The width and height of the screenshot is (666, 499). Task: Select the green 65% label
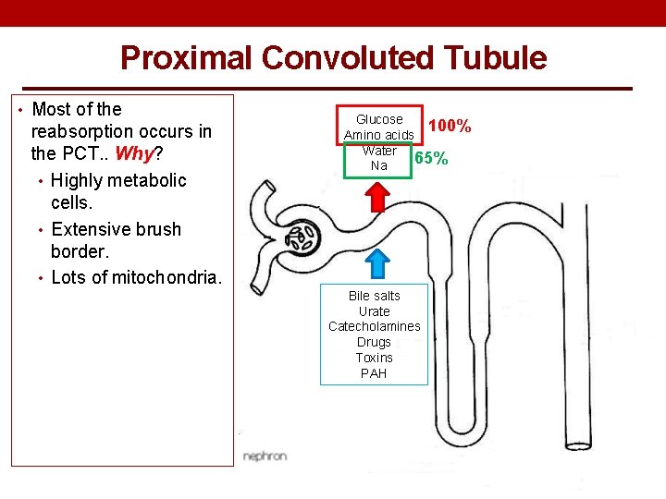(x=431, y=158)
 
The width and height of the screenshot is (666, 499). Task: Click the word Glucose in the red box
(x=379, y=119)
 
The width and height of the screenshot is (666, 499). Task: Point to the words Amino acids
(x=378, y=135)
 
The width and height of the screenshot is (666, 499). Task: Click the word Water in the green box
(x=379, y=151)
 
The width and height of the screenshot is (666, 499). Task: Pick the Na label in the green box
(x=379, y=165)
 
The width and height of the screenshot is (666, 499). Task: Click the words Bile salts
(x=375, y=296)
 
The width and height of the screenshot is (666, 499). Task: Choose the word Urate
(x=375, y=311)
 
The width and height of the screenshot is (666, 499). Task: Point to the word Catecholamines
(x=375, y=326)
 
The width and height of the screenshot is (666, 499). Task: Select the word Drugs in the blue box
(x=375, y=342)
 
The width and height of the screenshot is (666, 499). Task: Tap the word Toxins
(x=375, y=358)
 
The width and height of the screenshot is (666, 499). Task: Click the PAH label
(x=375, y=373)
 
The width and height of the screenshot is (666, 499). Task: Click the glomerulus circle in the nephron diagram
(x=301, y=237)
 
